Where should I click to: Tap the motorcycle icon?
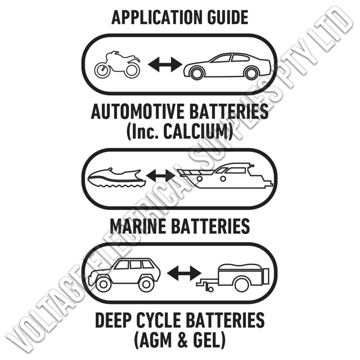tap(117, 64)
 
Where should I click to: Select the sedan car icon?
tap(227, 67)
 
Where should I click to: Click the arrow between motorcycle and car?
tap(165, 64)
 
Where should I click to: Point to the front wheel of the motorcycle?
tap(102, 70)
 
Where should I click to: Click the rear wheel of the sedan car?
tap(251, 73)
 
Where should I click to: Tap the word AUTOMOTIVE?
tap(138, 111)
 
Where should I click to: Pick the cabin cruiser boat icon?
tap(226, 176)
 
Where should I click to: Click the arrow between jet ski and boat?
tap(161, 176)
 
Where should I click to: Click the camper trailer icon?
tap(233, 278)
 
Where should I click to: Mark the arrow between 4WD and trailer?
tap(184, 273)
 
